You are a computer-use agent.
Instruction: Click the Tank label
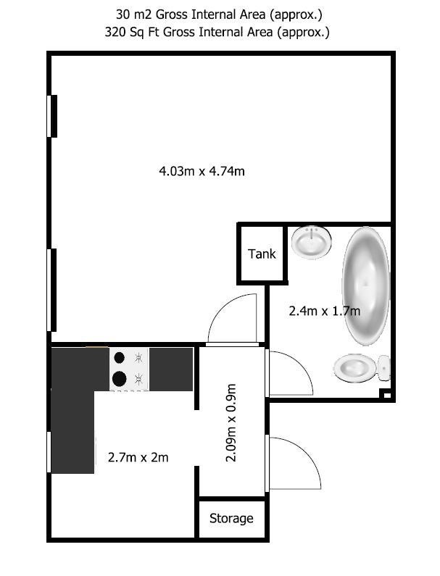click(262, 254)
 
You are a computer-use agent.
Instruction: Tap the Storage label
click(231, 518)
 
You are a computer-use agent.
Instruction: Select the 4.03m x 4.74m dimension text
click(202, 171)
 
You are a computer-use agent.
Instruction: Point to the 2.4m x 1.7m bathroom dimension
click(324, 311)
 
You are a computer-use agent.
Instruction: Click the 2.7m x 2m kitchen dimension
click(138, 457)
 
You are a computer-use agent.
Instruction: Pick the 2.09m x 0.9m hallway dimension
click(231, 423)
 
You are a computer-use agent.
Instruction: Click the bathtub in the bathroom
click(366, 285)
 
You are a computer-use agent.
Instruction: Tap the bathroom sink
click(312, 242)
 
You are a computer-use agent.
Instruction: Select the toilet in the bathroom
click(362, 368)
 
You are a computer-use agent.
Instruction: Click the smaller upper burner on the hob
click(119, 357)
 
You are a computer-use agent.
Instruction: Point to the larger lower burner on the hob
click(119, 379)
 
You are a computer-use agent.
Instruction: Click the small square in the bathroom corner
click(387, 396)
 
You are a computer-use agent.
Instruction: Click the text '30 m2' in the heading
click(134, 14)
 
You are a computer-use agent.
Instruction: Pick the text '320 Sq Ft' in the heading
click(132, 33)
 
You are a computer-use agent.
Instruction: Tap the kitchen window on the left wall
click(49, 452)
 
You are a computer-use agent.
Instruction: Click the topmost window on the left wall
click(52, 116)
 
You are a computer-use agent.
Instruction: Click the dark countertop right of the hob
click(171, 370)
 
